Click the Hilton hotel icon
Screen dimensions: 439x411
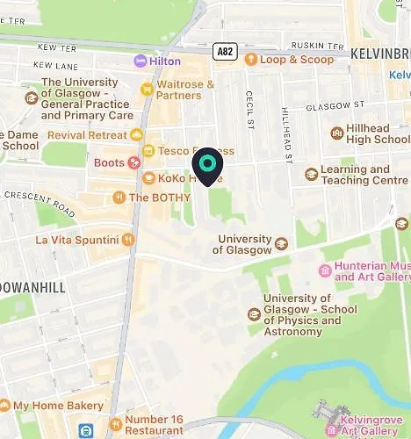141,61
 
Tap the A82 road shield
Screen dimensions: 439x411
226,53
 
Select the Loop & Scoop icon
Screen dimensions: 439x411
250,60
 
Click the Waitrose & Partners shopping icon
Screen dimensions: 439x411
148,89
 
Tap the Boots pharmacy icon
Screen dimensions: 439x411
133,162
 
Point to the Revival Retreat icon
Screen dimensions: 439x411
136,134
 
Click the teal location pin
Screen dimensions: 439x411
207,164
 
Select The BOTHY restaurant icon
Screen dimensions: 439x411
119,198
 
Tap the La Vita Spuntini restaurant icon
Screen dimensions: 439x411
128,239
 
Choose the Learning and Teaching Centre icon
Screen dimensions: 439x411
310,174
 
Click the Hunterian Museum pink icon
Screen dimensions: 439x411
326,270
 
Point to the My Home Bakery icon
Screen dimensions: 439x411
4,406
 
